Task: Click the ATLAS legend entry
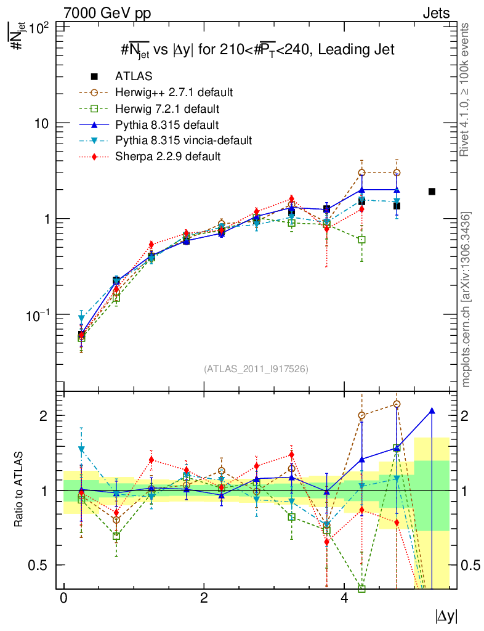[133, 76]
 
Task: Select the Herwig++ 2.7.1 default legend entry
[173, 92]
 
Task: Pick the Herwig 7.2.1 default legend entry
[167, 108]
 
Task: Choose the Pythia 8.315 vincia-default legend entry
[183, 140]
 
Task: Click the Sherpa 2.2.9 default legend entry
[167, 157]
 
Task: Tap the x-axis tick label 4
[344, 598]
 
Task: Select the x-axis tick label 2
[204, 598]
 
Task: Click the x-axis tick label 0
[63, 598]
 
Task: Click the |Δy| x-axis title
[446, 616]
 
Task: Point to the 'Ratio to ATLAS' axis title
[19, 489]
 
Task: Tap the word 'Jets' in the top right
[435, 13]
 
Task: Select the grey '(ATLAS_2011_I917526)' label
[256, 369]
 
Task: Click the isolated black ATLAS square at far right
[432, 192]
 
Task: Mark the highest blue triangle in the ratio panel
[432, 411]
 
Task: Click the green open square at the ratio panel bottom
[361, 588]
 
